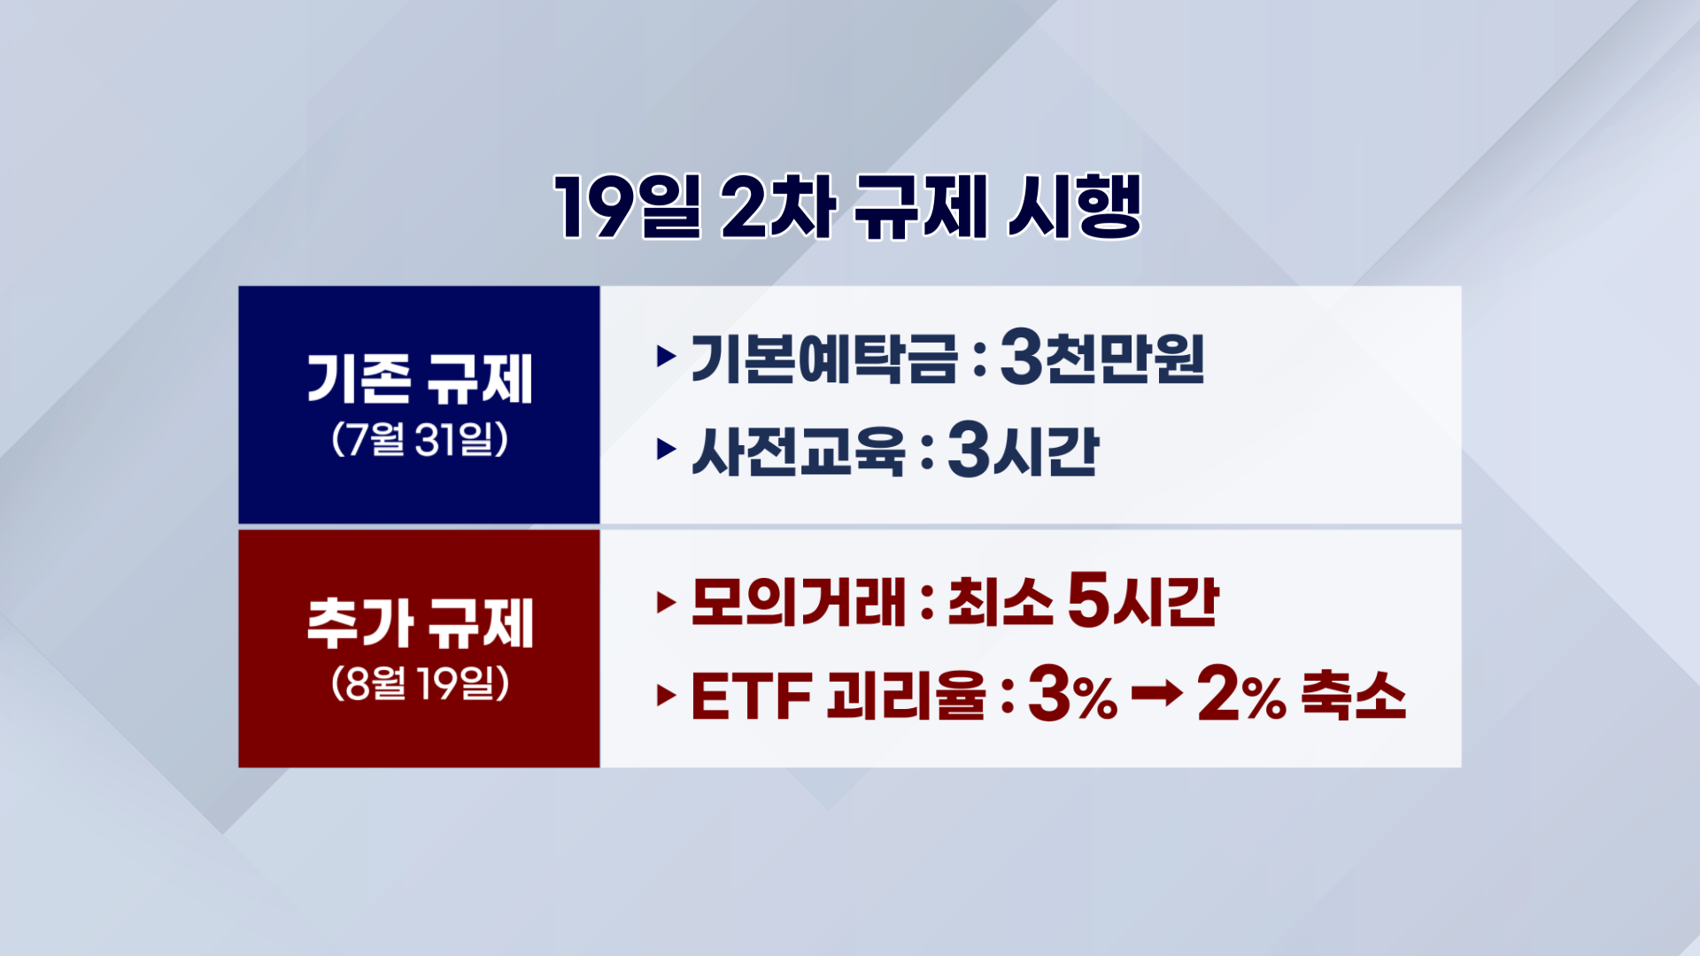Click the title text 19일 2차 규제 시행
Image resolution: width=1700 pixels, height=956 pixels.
tap(848, 207)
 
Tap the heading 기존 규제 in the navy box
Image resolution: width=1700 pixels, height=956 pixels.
tap(420, 379)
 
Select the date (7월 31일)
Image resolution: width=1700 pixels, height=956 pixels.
tap(420, 439)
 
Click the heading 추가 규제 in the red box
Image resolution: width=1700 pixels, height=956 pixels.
tap(420, 623)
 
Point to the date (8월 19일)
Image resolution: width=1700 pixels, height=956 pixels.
tap(420, 683)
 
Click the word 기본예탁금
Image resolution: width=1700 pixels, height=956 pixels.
tap(823, 358)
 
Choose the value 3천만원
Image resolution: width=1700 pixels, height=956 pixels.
tap(1102, 358)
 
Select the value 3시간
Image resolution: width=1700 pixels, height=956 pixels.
tap(1023, 451)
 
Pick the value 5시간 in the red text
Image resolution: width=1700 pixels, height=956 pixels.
tap(1143, 603)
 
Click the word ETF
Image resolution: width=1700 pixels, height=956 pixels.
tap(751, 697)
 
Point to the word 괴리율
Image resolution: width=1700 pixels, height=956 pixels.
tap(906, 696)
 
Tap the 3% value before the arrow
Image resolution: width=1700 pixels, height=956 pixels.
tap(1072, 695)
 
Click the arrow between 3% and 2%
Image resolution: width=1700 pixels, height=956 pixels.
tap(1156, 694)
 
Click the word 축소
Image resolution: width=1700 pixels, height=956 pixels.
tap(1354, 695)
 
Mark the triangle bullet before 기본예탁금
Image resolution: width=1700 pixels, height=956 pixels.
tap(666, 358)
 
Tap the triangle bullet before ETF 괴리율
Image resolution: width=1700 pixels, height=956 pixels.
tap(666, 696)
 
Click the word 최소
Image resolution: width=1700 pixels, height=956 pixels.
tap(1001, 603)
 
